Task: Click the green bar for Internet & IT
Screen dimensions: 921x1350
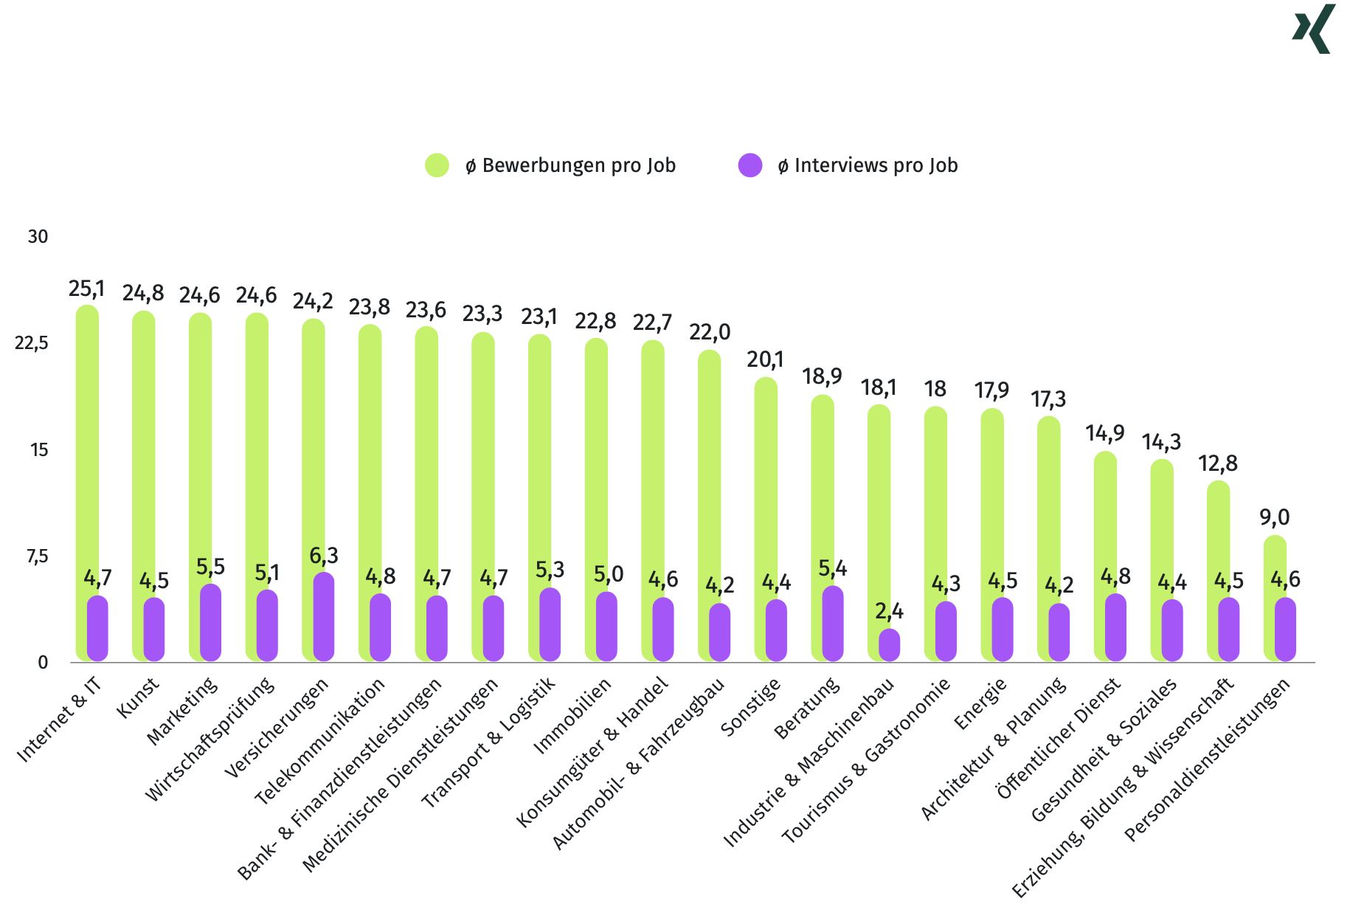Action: pos(87,443)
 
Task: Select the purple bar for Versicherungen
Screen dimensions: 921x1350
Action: pos(324,617)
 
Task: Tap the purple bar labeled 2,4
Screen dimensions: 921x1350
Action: pos(889,645)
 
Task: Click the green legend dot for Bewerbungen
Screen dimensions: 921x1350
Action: pos(437,165)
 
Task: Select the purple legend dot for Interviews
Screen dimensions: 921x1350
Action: pos(750,165)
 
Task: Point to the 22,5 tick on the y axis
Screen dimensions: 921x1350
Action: pos(31,343)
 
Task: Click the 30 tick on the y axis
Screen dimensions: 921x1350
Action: pos(38,237)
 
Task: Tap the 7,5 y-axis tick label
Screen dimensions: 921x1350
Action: pos(37,556)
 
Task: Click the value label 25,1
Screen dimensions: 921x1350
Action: pos(87,289)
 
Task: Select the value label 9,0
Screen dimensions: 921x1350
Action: pos(1274,517)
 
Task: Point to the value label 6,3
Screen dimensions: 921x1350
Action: pos(324,555)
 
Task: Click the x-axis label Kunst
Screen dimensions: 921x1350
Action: pos(138,697)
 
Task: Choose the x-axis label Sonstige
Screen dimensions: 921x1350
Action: pos(750,707)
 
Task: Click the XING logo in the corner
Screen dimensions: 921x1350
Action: pos(1314,29)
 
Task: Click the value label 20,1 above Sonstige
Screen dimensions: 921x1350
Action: pos(765,359)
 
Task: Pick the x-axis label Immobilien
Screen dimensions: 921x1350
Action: pos(572,715)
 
